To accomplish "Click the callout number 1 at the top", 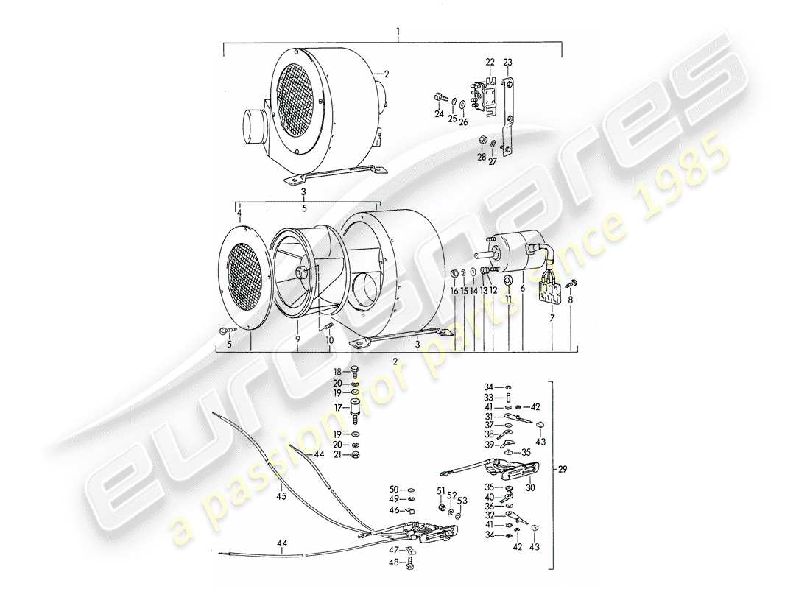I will [x=398, y=32].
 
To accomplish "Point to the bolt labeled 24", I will [x=440, y=97].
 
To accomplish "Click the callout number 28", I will [x=481, y=158].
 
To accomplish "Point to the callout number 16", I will [x=454, y=292].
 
